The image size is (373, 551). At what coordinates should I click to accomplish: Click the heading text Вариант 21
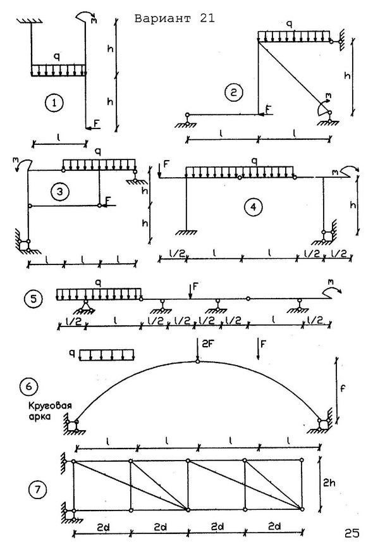(174, 18)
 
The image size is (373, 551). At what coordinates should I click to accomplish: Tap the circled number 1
(54, 103)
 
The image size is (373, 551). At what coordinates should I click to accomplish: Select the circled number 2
(234, 92)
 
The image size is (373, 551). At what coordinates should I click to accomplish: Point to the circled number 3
(60, 192)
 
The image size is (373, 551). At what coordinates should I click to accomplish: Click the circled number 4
(253, 207)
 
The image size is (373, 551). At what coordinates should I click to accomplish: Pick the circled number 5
(34, 299)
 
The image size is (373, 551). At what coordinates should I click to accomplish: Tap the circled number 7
(37, 490)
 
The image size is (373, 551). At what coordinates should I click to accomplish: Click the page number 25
(352, 533)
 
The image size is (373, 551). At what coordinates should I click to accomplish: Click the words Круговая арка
(50, 411)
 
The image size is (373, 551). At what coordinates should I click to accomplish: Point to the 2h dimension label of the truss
(329, 483)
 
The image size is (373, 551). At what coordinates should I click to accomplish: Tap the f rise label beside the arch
(343, 388)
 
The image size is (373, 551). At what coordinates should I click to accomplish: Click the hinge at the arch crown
(198, 361)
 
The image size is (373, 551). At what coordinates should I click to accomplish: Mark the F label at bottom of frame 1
(97, 123)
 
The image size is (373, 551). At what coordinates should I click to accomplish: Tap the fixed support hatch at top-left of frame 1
(30, 20)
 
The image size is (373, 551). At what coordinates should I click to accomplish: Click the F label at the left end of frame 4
(166, 164)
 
